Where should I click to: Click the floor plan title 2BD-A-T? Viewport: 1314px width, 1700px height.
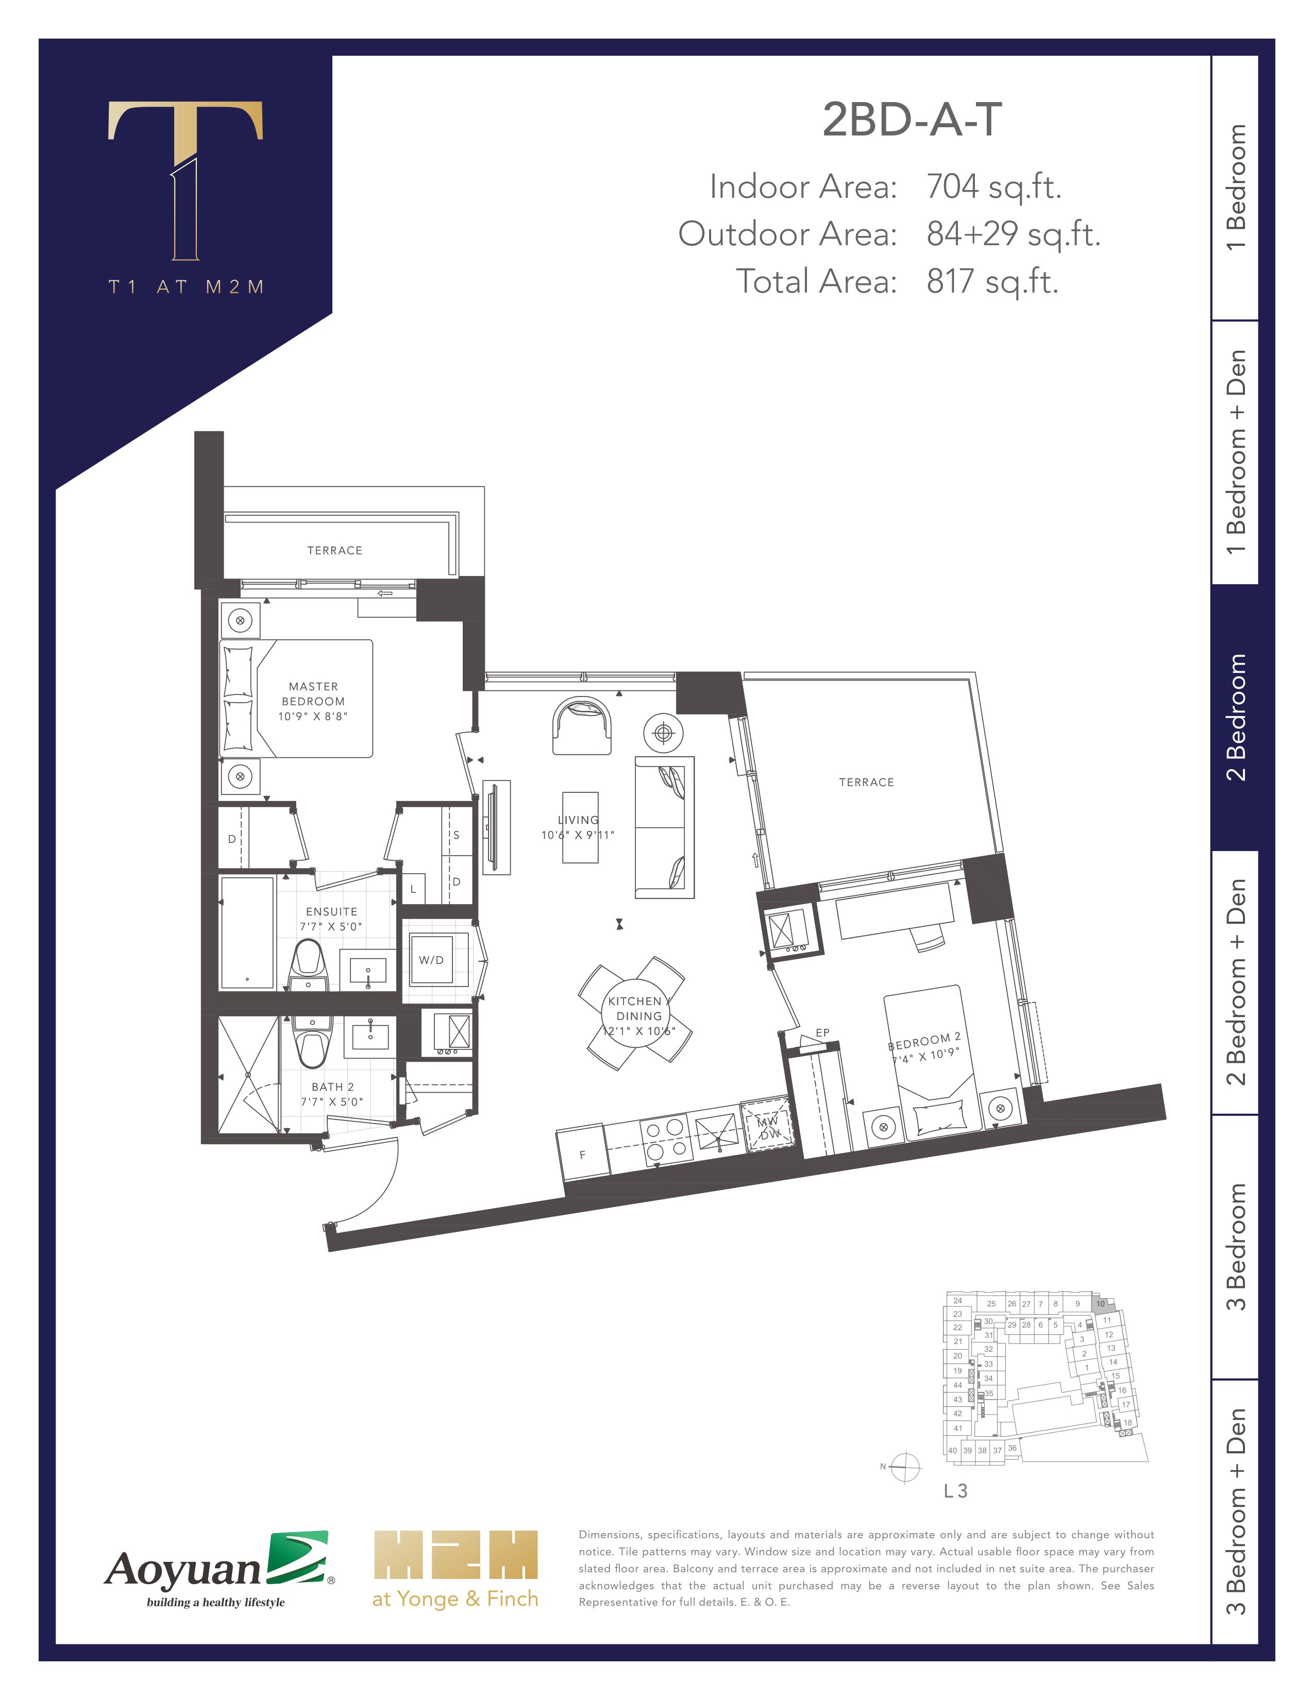[912, 120]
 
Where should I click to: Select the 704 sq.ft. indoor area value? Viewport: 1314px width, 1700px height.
[994, 187]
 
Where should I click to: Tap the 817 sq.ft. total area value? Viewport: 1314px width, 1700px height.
[992, 282]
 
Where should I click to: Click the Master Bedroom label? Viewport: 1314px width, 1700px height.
[313, 693]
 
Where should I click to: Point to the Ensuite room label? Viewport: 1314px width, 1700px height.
[332, 911]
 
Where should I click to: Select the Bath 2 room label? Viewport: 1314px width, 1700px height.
[332, 1086]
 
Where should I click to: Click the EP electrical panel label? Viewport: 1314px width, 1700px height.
[823, 1033]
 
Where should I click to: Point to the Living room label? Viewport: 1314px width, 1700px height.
[578, 820]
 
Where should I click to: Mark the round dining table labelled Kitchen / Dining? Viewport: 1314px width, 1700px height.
[636, 1013]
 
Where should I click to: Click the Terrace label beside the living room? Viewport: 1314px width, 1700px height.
[866, 783]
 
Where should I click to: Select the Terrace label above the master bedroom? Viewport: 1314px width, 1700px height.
[335, 550]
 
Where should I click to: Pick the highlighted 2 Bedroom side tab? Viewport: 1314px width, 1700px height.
[1235, 717]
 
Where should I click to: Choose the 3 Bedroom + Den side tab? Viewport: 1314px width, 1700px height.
[1235, 1511]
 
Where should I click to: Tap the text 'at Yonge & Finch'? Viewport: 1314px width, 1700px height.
[456, 1599]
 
